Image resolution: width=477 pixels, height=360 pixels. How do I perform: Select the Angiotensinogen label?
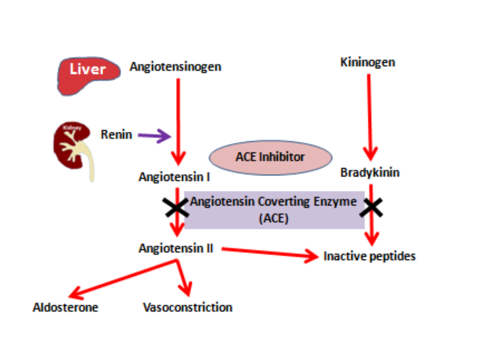175,66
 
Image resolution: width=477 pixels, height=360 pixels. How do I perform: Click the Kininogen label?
367,62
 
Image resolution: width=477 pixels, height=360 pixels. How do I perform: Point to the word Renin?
116,134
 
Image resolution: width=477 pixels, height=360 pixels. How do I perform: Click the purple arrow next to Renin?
154,136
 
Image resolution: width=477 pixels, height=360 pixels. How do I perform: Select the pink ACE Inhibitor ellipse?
271,157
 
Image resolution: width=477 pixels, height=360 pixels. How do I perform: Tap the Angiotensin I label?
174,177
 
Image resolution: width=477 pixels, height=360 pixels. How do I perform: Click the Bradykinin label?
370,173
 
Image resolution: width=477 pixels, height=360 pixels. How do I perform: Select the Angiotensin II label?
176,248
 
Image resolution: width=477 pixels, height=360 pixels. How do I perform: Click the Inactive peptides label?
369,256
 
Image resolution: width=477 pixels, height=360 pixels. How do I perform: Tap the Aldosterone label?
65,308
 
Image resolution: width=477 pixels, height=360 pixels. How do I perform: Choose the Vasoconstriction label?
188,308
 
